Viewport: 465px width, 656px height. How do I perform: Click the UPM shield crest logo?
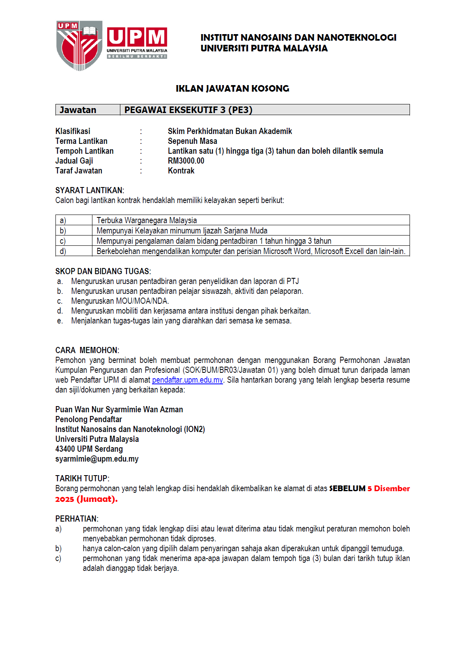(79, 45)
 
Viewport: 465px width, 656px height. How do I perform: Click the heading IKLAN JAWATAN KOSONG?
(232, 88)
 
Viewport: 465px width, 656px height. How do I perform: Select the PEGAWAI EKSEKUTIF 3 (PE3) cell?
(265, 110)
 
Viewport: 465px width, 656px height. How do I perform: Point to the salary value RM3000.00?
(186, 161)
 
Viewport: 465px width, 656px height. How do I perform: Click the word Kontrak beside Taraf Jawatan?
(181, 171)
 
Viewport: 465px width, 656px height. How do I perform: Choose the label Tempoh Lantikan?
(84, 151)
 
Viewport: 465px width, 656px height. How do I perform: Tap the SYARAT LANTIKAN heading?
(90, 190)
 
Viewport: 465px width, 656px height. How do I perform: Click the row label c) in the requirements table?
(63, 241)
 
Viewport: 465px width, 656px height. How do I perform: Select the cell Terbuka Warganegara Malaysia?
(147, 220)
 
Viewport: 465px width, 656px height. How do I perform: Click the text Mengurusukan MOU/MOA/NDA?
(120, 301)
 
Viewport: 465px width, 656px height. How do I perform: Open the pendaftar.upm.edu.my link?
(187, 380)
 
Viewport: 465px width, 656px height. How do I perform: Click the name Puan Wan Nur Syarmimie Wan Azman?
(119, 409)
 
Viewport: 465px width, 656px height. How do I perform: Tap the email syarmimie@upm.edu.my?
(97, 459)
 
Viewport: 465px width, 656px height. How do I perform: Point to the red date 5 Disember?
(389, 488)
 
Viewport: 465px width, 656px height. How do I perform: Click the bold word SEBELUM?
(347, 488)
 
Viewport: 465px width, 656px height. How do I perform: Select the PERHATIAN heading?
(77, 519)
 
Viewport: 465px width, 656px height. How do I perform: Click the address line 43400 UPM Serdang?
(89, 449)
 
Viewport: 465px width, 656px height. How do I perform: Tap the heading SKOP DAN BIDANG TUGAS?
(103, 271)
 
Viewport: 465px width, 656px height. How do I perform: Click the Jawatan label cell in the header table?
(78, 110)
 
